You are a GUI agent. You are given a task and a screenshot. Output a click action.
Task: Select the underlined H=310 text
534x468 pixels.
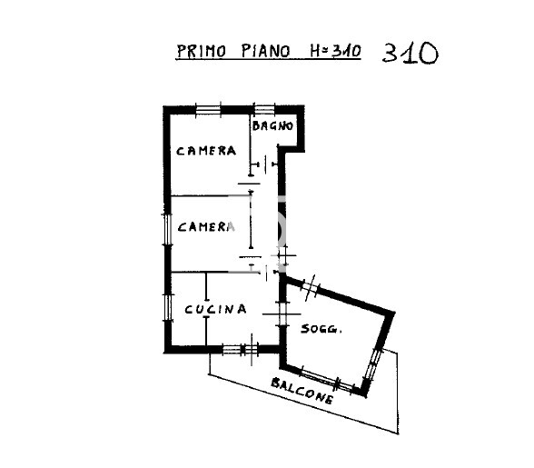click(332, 51)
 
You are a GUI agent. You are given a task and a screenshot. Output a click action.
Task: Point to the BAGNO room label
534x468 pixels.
click(272, 126)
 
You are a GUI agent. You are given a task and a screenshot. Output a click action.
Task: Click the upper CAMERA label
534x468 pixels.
click(207, 151)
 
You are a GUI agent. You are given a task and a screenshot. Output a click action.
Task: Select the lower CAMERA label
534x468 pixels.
click(206, 226)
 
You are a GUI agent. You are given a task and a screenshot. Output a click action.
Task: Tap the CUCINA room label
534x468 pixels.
click(215, 309)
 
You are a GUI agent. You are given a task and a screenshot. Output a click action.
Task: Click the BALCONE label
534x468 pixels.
click(302, 390)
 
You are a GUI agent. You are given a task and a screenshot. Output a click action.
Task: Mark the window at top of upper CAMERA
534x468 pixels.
click(209, 110)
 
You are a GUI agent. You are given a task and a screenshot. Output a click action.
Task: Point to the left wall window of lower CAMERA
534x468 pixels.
click(167, 228)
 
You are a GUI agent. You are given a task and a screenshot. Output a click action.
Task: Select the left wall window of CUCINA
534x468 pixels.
click(167, 305)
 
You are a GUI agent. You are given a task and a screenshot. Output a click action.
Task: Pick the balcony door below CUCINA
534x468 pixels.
click(242, 348)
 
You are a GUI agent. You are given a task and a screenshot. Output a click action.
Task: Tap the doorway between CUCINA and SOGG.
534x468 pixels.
click(277, 314)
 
